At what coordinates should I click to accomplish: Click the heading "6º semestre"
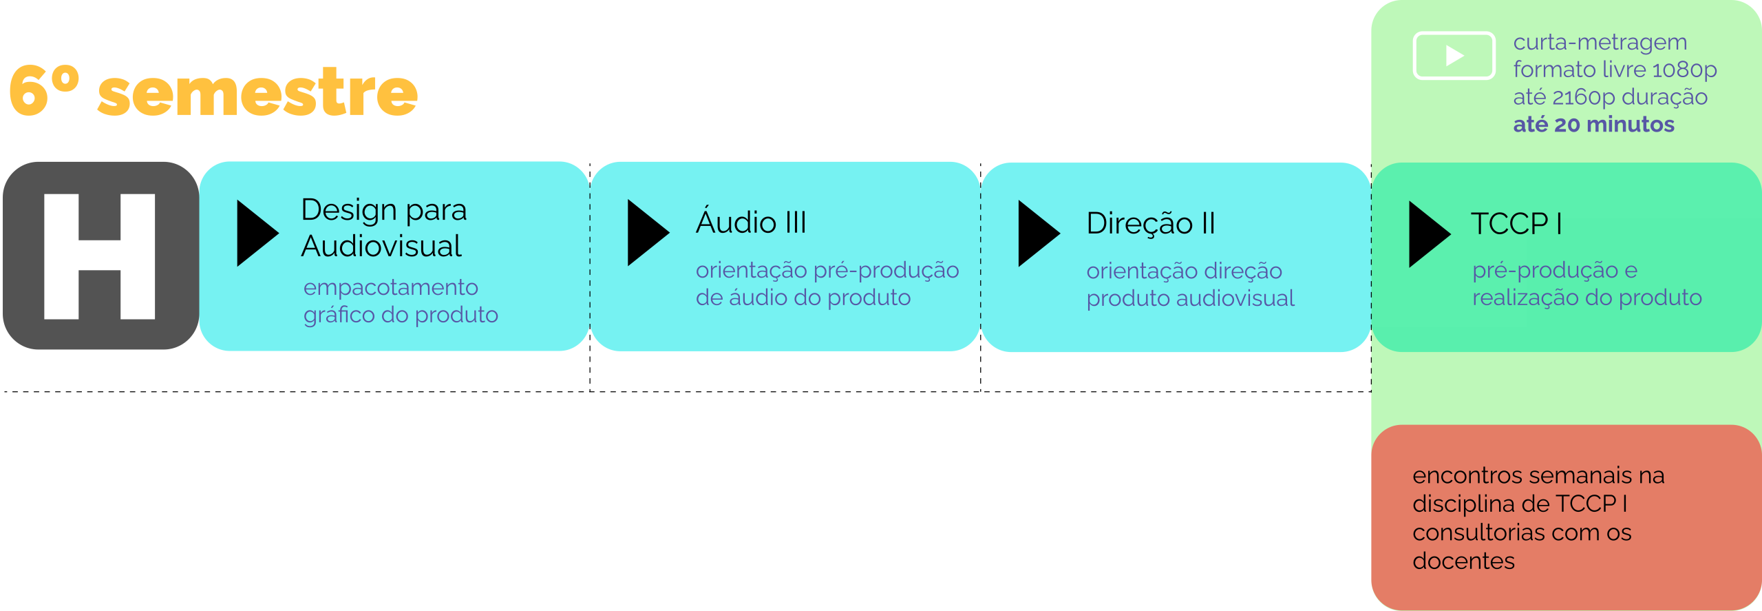213,92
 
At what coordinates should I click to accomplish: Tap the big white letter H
99,256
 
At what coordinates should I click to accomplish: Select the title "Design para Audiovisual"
383,227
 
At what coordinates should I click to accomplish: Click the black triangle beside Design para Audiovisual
255,233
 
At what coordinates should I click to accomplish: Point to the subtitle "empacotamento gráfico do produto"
400,301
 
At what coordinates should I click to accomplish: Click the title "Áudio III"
751,222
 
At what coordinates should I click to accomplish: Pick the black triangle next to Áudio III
646,233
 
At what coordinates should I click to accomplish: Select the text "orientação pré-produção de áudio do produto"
827,284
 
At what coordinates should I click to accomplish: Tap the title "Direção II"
1151,223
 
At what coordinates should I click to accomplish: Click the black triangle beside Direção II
1037,234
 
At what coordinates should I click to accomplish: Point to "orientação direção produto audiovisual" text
1190,284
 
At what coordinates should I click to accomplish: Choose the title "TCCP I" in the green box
1516,224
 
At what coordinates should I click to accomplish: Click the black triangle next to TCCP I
1427,234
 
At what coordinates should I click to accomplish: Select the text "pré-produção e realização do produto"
1586,284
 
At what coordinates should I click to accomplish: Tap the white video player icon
1454,56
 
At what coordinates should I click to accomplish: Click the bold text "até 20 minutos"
1593,125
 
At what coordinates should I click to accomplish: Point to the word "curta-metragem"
1600,43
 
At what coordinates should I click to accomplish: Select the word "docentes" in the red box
1463,561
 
